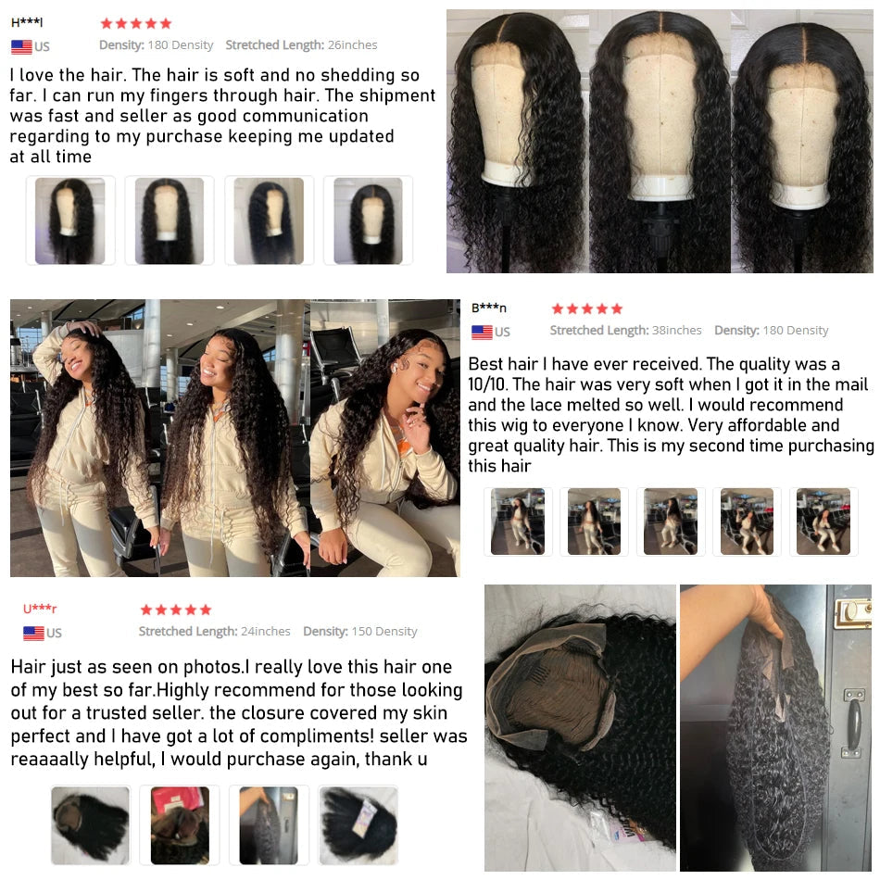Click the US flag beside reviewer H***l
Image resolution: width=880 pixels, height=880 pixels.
pos(21,47)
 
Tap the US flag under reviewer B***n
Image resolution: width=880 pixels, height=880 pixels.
pos(482,332)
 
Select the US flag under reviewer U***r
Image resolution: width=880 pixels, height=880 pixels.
pos(33,633)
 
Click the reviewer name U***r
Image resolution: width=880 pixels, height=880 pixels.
pos(40,609)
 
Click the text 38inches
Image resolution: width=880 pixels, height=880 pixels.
pos(676,330)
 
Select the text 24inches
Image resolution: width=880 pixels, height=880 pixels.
pos(265,631)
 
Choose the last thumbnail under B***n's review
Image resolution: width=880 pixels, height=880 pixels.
pos(823,522)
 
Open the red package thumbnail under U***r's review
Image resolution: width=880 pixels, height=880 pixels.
pos(179,825)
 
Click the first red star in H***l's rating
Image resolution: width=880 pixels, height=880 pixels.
pos(107,23)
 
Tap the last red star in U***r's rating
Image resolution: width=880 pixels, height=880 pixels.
pos(206,610)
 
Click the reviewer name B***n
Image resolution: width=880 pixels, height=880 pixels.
pos(489,308)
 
